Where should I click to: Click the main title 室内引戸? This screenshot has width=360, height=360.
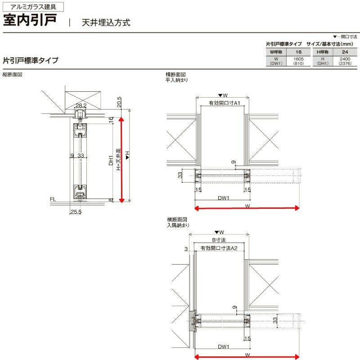click(30, 20)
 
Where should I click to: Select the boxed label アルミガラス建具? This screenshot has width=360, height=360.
click(33, 7)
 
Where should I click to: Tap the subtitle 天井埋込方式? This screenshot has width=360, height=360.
click(106, 22)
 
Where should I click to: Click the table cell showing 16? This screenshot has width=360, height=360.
click(298, 52)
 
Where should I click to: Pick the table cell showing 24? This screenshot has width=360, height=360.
click(345, 52)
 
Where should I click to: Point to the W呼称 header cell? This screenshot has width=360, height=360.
click(276, 52)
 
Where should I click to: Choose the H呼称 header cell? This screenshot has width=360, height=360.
click(323, 52)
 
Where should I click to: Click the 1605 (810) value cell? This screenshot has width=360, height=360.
click(298, 61)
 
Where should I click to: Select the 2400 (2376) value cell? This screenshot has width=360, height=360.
click(345, 61)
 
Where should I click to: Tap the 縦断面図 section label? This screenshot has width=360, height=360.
click(13, 74)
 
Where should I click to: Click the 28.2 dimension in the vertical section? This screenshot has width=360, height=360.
click(81, 105)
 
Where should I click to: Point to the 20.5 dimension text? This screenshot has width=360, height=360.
click(119, 102)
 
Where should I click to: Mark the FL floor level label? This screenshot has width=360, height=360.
click(53, 199)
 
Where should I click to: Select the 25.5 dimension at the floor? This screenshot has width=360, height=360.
click(76, 211)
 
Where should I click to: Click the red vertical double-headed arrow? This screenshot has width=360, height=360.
click(121, 160)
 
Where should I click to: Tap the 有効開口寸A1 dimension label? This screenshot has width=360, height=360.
click(224, 103)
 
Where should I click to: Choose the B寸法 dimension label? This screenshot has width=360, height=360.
click(219, 240)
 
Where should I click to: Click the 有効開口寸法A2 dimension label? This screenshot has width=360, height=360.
click(219, 248)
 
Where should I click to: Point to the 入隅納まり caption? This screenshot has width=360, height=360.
click(178, 225)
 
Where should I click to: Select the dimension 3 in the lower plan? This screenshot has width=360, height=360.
click(186, 249)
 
